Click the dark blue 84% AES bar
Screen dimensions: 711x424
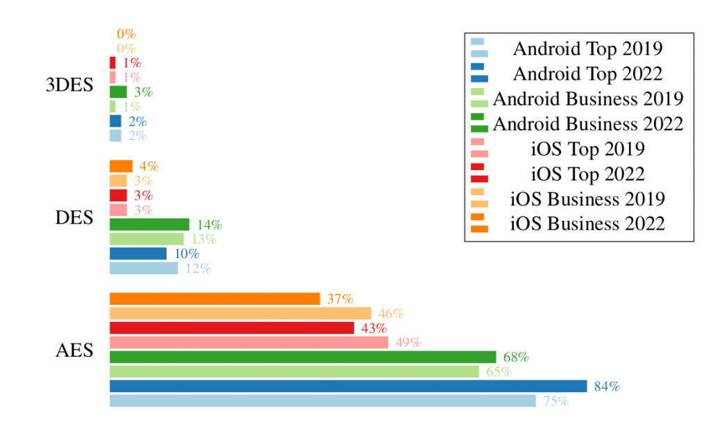coord(349,386)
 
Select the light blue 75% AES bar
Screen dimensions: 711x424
coord(323,401)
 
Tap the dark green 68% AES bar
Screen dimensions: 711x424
coord(303,357)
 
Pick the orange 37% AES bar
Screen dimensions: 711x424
coord(215,298)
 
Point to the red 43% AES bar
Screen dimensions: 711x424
coord(232,328)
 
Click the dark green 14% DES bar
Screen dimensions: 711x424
coord(150,224)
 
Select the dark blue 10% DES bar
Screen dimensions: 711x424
coord(138,254)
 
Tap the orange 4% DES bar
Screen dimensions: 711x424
coord(121,167)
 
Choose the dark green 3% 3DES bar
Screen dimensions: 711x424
coord(118,92)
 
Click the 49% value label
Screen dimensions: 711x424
coord(408,343)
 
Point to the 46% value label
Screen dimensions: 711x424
coord(391,314)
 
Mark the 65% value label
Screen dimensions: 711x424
coord(499,372)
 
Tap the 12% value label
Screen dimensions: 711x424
coord(198,269)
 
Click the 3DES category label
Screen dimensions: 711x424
coord(69,85)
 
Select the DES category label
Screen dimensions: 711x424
coord(74,217)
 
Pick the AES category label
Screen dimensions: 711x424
coord(74,350)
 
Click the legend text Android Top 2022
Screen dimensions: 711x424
coord(587,74)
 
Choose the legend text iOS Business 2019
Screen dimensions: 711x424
coord(587,199)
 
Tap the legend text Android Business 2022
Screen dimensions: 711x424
coord(588,124)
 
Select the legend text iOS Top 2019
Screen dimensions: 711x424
coord(587,149)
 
